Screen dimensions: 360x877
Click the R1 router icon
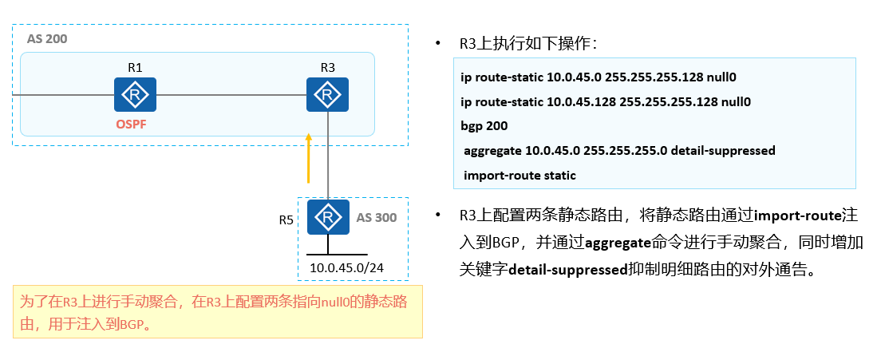135,95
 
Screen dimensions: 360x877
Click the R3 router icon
327,95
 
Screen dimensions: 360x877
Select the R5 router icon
327,217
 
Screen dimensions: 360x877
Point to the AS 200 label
47,39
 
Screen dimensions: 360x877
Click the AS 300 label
376,217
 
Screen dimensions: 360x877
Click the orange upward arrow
308,159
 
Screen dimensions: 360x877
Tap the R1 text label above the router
135,68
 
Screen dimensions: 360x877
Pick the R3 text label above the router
327,68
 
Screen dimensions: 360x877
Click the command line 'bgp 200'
484,126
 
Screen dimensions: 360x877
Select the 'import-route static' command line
519,175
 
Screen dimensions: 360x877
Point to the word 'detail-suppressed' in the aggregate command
729,150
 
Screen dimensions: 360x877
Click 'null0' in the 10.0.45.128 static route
735,102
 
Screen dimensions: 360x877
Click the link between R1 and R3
231,96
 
